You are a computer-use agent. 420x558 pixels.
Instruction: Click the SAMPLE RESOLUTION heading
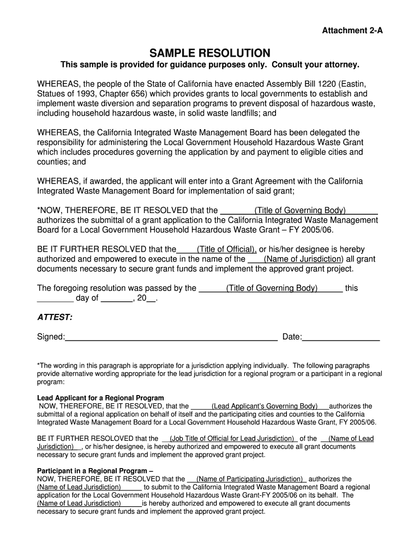210,53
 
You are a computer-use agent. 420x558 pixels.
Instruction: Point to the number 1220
327,84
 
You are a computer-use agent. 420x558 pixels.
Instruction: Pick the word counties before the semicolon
52,162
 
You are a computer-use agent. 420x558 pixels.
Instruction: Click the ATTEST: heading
55,317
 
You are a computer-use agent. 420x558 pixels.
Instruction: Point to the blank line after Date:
341,337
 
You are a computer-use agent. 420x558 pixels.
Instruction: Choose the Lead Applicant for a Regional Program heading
100,398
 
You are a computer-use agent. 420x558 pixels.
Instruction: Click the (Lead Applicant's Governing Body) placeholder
265,406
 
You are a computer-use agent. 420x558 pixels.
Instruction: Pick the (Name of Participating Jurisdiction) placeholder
250,479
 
